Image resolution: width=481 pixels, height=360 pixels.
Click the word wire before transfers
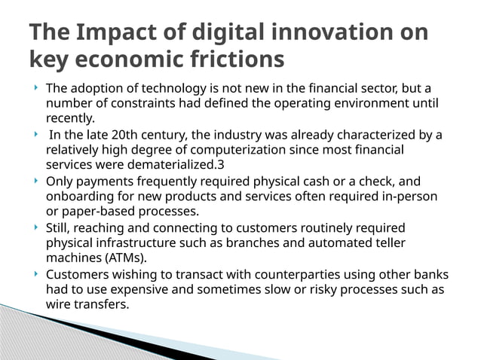click(x=59, y=305)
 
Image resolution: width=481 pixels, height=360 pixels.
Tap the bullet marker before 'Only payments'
click(x=36, y=182)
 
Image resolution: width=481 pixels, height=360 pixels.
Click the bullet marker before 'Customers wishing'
click(x=36, y=275)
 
